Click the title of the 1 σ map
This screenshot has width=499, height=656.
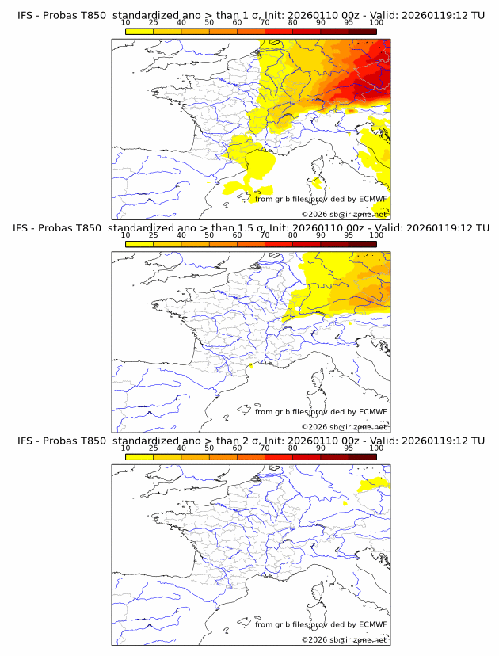(x=250, y=15)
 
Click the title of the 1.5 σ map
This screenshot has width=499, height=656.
(x=250, y=227)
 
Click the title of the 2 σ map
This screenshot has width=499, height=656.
(x=250, y=441)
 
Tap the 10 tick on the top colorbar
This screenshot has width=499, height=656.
(x=126, y=23)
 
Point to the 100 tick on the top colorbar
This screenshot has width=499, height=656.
(x=376, y=23)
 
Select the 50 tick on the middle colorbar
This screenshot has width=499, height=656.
(x=209, y=235)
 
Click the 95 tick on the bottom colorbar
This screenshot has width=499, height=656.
(x=349, y=448)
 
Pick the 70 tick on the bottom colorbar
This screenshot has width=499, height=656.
(x=265, y=448)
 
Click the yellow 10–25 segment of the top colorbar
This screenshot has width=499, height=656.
(x=139, y=31)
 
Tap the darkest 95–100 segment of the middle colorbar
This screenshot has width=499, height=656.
(x=362, y=244)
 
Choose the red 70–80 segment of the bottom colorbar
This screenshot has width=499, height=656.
(x=279, y=457)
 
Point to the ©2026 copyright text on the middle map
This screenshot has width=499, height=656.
(x=344, y=427)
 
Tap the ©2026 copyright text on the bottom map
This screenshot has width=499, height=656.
(x=344, y=640)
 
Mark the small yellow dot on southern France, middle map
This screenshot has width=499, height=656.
(x=250, y=365)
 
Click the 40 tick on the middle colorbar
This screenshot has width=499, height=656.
(x=181, y=235)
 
